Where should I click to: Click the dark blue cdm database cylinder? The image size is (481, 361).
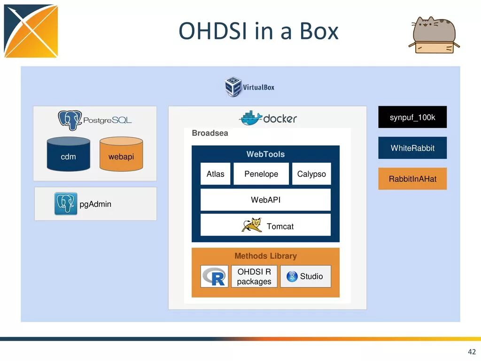69,154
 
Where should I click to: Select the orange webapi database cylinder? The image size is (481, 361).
121,154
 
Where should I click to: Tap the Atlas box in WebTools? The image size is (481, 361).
215,174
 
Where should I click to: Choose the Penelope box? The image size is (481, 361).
261,174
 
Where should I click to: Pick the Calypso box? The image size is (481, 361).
311,174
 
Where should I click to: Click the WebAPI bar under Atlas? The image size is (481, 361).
266,200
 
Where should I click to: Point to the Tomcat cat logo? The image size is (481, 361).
252,225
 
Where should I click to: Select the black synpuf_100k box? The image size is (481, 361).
412,117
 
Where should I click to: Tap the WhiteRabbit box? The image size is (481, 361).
412,148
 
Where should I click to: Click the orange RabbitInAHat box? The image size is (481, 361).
412,179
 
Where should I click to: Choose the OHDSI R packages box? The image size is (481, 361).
254,276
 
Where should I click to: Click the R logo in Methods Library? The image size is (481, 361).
214,276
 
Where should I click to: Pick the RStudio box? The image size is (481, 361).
306,276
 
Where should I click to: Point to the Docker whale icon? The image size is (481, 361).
251,118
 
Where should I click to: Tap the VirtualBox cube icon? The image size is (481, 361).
233,87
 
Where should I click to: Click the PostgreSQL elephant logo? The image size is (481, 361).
70,120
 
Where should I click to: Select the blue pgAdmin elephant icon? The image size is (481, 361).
66,204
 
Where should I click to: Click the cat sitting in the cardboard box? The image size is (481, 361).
434,35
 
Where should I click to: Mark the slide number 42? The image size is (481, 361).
472,352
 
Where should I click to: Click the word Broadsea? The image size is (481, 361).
210,133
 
